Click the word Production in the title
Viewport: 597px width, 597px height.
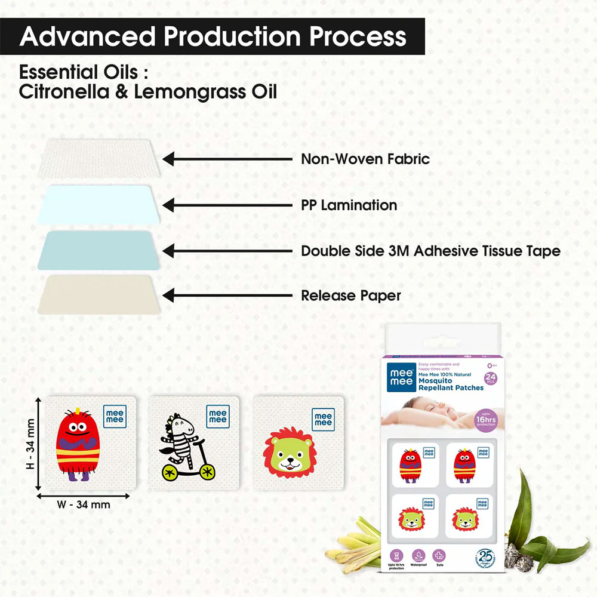pyautogui.click(x=231, y=36)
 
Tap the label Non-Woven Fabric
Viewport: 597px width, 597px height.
pyautogui.click(x=365, y=159)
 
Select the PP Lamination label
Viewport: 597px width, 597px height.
pyautogui.click(x=349, y=205)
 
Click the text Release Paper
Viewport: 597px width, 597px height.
pyautogui.click(x=350, y=296)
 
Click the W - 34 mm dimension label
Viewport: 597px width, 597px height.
pyautogui.click(x=84, y=504)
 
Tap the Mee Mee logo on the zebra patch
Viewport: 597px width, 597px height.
pyautogui.click(x=217, y=416)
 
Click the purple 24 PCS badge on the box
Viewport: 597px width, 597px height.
pyautogui.click(x=491, y=378)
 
